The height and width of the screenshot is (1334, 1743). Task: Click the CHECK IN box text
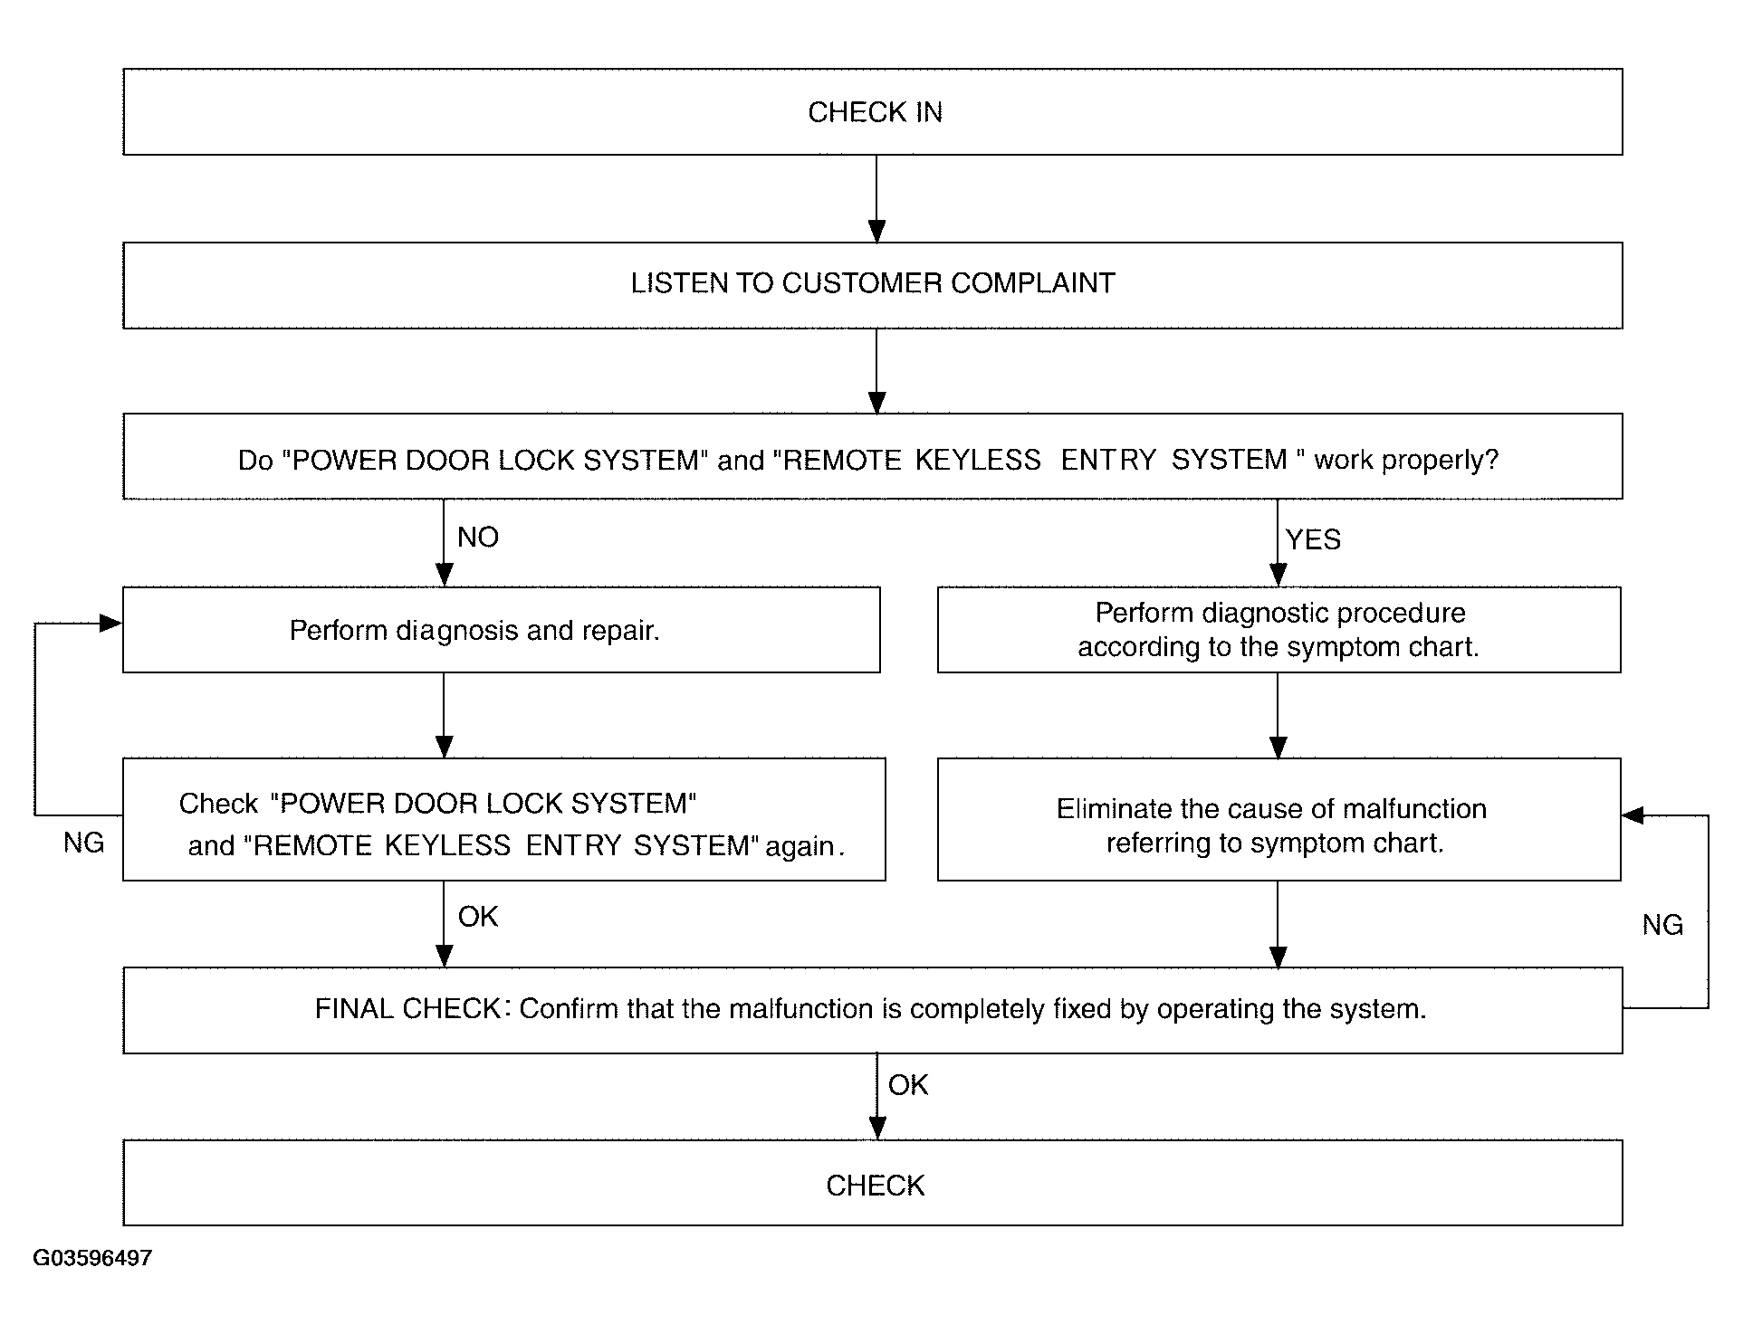point(875,112)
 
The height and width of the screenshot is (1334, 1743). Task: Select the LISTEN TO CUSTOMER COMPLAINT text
point(873,283)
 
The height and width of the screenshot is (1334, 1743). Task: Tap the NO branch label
point(478,538)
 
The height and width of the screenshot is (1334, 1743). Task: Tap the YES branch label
point(1313,539)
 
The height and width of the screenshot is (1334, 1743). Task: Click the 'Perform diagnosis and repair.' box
point(501,630)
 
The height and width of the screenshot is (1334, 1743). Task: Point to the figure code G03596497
point(92,1258)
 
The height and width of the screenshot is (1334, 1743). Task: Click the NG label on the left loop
point(84,843)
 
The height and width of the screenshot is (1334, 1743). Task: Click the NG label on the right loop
point(1662,925)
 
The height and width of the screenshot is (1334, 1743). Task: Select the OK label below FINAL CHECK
point(908,1085)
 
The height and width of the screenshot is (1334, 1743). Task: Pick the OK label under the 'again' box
point(478,917)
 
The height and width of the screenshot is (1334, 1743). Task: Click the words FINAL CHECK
point(407,1009)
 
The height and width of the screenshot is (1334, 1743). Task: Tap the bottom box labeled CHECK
point(873,1183)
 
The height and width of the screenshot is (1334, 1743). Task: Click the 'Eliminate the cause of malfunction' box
point(1279,819)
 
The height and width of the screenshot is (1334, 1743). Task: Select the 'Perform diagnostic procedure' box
point(1279,630)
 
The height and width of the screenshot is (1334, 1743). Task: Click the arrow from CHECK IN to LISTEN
point(876,199)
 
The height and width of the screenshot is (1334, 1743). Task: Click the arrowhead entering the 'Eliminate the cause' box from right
point(1633,816)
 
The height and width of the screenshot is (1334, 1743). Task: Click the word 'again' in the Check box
point(805,846)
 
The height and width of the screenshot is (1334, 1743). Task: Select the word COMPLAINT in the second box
point(1033,283)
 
